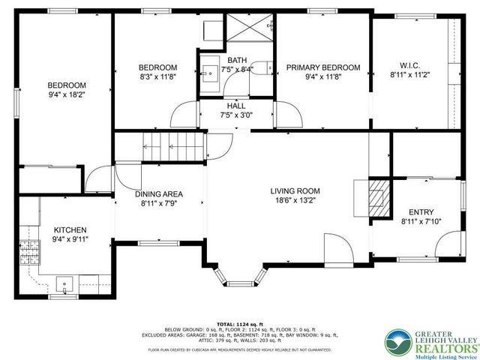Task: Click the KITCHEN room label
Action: pos(70,229)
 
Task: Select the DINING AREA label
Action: pos(159,194)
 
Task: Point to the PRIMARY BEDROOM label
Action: pos(323,67)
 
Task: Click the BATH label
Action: pos(237,60)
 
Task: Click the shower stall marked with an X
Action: pos(249,29)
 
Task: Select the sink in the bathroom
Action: pos(208,73)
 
